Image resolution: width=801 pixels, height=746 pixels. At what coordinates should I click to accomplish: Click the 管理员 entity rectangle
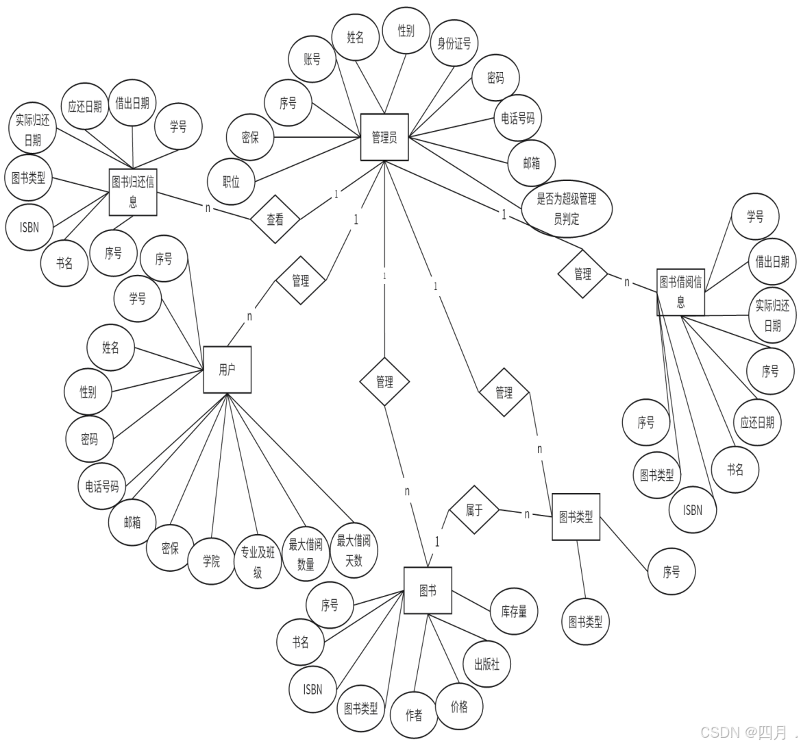[x=384, y=137]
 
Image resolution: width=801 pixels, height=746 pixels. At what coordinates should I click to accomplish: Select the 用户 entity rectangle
[x=227, y=370]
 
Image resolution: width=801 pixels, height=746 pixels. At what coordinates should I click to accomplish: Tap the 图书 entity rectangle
[x=428, y=590]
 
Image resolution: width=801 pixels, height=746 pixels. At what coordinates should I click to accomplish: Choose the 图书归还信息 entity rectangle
[x=133, y=192]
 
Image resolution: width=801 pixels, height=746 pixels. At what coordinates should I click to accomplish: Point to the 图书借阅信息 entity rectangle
[x=680, y=291]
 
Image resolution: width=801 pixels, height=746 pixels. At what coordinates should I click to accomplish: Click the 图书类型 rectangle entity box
[x=576, y=516]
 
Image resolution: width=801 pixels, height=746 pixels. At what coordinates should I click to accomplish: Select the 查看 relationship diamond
[x=275, y=219]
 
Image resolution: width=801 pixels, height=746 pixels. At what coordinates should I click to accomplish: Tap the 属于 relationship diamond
[x=474, y=510]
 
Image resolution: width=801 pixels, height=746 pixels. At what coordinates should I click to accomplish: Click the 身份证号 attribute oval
[x=454, y=43]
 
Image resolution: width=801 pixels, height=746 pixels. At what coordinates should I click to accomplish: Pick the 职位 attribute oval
[x=232, y=182]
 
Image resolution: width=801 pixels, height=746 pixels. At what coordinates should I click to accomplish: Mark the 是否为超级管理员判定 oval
[x=566, y=208]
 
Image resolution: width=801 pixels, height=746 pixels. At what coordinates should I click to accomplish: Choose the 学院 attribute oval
[x=211, y=560]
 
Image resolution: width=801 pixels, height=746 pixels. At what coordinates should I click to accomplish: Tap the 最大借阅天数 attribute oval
[x=354, y=550]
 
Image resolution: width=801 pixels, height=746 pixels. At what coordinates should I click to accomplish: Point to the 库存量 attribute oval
[x=514, y=611]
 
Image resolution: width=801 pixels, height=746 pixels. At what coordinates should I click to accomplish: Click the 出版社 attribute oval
[x=486, y=664]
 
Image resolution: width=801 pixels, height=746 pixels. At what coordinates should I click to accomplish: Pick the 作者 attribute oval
[x=414, y=714]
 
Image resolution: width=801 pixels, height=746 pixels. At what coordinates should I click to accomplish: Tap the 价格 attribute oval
[x=459, y=706]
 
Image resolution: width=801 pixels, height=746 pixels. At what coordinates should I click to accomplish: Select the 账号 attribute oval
[x=312, y=60]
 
